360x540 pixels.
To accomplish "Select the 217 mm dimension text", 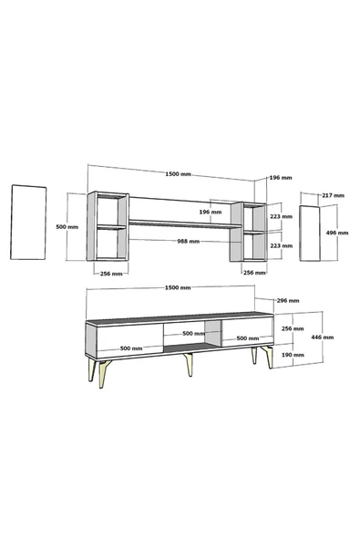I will coord(334,195).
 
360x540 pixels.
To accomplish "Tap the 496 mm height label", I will coord(337,233).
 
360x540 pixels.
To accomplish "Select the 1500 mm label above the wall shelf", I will coord(180,173).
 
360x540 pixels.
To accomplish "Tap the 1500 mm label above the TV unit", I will coord(180,286).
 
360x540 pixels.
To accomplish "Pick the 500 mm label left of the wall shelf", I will coord(67,226).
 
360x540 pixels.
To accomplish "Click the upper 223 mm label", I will coord(282,217).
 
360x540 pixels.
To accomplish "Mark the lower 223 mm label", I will coord(282,244).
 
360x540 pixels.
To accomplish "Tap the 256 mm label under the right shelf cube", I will coord(254,272).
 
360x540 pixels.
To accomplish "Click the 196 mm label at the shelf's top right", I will coord(281,178).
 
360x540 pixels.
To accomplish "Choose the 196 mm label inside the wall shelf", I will coord(212,212).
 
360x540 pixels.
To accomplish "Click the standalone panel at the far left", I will coord(29,223).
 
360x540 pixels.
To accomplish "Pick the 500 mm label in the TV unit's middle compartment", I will coord(193,333).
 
